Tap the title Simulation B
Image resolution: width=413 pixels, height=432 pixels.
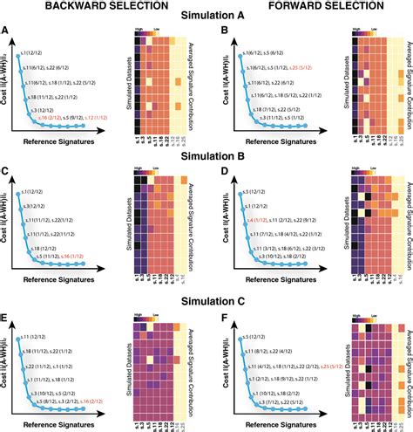pos(206,159)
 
